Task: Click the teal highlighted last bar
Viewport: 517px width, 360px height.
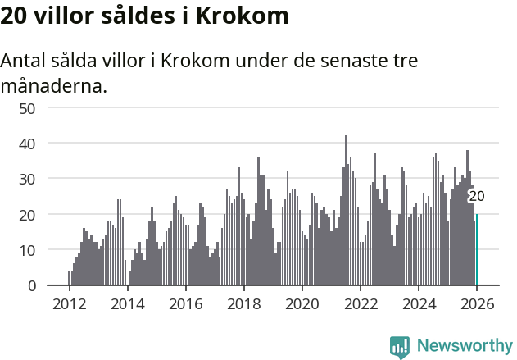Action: click(476, 250)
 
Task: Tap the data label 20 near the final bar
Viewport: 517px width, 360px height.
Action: click(476, 196)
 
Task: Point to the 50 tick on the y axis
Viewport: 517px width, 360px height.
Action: click(27, 108)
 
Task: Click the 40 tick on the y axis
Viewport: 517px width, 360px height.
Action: click(27, 144)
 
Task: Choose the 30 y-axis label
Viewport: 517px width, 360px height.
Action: click(27, 179)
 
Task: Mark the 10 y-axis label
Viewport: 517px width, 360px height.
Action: click(27, 250)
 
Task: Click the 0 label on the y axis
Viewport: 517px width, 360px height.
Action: click(31, 285)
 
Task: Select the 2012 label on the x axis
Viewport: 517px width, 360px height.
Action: click(69, 303)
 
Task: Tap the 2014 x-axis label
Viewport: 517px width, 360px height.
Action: click(127, 303)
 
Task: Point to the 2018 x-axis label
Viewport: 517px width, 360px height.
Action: click(243, 303)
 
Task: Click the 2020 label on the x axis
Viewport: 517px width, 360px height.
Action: click(302, 303)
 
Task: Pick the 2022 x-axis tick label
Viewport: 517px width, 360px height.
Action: click(360, 303)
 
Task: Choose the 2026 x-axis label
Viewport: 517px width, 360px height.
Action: click(477, 303)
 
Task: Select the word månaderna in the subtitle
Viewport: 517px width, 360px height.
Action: click(54, 85)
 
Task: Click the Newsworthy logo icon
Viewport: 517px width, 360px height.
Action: click(400, 347)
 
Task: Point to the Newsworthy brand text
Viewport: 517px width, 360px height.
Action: click(464, 347)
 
